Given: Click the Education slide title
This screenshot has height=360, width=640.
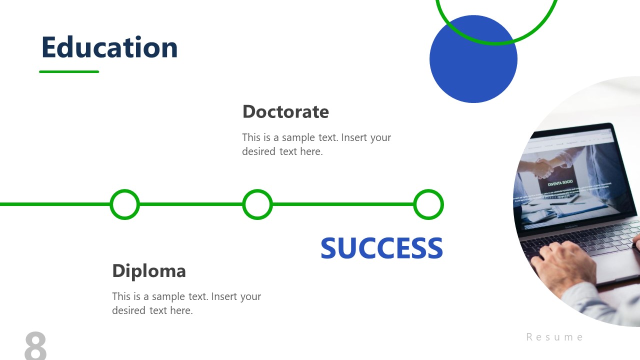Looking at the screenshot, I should (109, 47).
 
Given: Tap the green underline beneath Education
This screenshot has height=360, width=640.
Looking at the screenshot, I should (69, 71).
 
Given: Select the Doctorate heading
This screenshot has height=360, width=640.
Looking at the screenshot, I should (285, 111).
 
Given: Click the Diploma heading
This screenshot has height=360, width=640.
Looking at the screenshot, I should (149, 270).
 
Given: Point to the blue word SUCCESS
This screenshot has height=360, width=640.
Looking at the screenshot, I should (381, 248).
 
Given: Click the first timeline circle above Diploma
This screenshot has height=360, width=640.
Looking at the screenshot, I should (124, 204).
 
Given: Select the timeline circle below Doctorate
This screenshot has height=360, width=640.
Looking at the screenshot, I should (257, 204).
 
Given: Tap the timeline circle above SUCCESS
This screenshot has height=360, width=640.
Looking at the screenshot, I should (428, 204).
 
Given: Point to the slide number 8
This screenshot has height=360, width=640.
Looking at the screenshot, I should (35, 345).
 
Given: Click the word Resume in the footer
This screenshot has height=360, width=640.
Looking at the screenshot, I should (554, 337).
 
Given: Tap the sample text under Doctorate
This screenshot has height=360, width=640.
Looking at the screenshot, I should (316, 144).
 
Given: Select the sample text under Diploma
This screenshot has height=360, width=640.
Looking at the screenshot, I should (186, 303).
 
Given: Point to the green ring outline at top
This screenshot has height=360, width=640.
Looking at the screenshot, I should (496, 43).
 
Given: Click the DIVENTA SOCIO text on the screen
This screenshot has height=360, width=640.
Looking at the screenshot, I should (560, 183).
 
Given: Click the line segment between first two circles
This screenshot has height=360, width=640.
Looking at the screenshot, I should (191, 204).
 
